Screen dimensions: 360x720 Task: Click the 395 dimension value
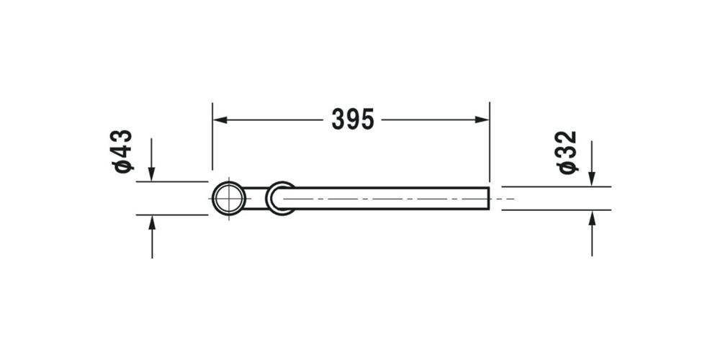353,119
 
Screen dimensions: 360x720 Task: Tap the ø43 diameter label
122,150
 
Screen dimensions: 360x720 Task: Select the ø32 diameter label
567,151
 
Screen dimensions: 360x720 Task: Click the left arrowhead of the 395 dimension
218,120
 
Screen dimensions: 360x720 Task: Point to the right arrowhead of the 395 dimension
483,120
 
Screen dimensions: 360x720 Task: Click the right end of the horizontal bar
487,198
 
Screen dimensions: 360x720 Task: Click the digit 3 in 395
338,119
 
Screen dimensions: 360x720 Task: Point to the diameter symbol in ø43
123,166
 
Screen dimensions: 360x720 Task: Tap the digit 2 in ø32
567,138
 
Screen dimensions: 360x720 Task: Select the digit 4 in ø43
122,152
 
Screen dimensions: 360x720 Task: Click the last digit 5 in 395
367,119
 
